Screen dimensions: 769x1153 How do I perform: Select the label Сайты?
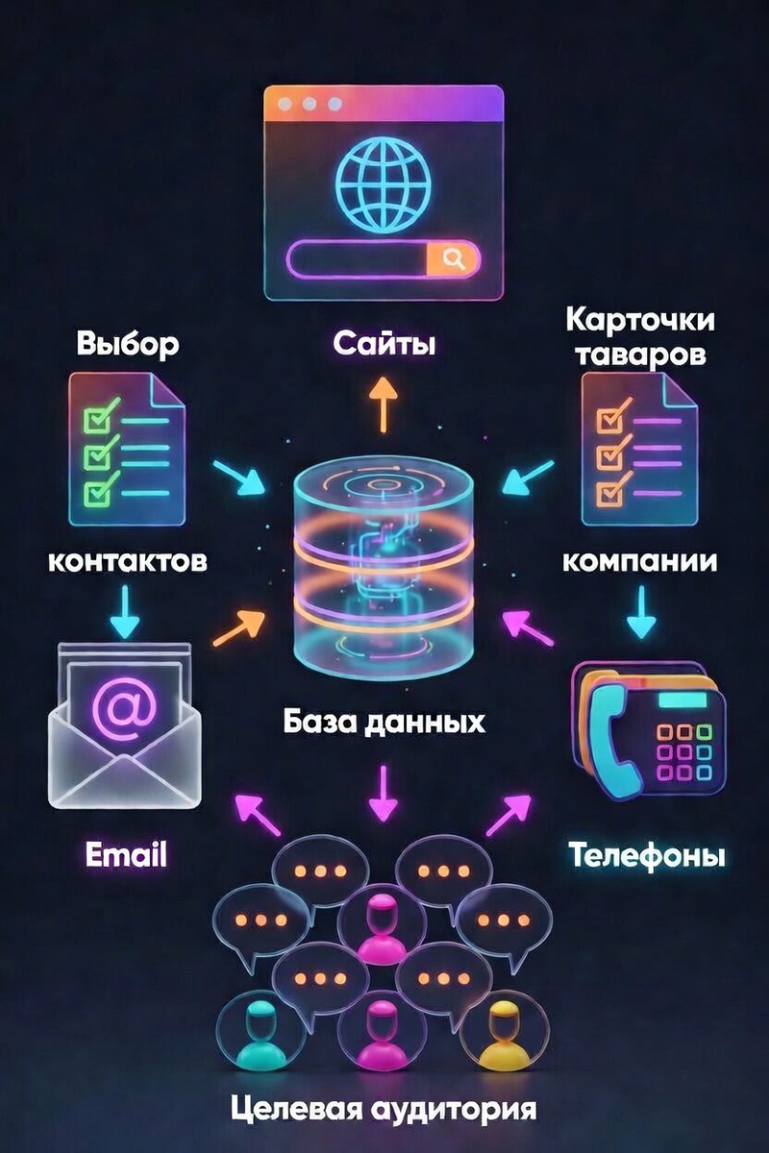point(384,343)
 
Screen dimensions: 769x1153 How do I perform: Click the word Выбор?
point(127,344)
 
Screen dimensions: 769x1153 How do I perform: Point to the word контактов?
point(127,560)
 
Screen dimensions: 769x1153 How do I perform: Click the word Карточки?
point(640,320)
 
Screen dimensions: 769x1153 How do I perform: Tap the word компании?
point(639,560)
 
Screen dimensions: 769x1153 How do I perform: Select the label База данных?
point(384,722)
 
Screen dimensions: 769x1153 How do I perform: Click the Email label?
point(126,853)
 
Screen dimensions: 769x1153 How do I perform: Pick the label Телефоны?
point(645,854)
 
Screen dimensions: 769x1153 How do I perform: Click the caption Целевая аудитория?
point(384,1111)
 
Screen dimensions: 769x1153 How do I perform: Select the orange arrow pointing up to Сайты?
point(384,403)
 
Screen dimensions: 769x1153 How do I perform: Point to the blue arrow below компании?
point(641,613)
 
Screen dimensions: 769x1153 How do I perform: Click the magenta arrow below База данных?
point(384,793)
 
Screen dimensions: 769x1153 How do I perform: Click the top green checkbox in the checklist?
point(96,420)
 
